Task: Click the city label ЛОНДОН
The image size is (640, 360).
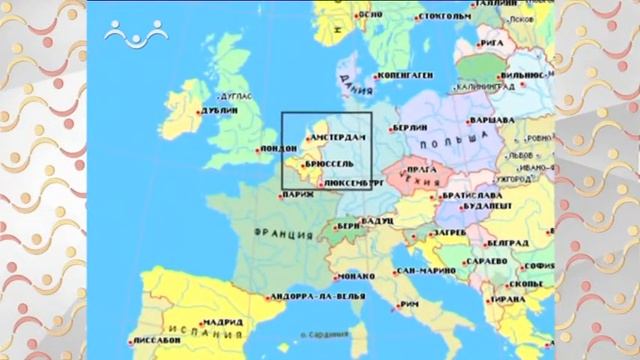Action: point(279,151)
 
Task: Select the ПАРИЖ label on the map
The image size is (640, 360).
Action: point(298,196)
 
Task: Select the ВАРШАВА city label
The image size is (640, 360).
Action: point(492,119)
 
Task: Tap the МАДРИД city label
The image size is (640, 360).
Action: point(221,323)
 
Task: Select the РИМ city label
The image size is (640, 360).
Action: point(407,303)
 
